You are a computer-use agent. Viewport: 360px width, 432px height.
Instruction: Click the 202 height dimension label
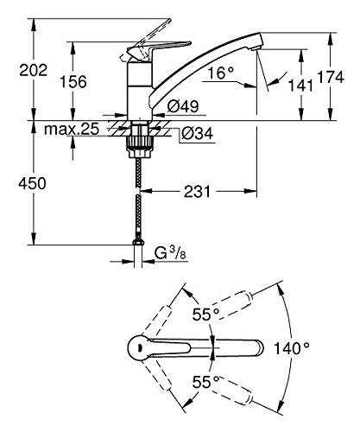(x=33, y=70)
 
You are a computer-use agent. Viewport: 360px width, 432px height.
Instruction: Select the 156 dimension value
(x=73, y=82)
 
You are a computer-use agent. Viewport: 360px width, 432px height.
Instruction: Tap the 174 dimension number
(x=331, y=77)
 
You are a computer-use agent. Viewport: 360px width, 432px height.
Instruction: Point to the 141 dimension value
(x=300, y=86)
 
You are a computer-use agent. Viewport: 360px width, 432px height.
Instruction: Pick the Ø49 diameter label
(x=183, y=106)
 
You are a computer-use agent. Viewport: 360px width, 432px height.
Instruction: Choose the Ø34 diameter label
(x=198, y=133)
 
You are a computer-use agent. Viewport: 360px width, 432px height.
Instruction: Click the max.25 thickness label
(x=72, y=129)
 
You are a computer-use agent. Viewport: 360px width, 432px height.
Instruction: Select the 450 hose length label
(x=32, y=183)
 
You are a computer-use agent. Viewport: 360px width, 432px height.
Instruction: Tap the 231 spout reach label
(x=198, y=192)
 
